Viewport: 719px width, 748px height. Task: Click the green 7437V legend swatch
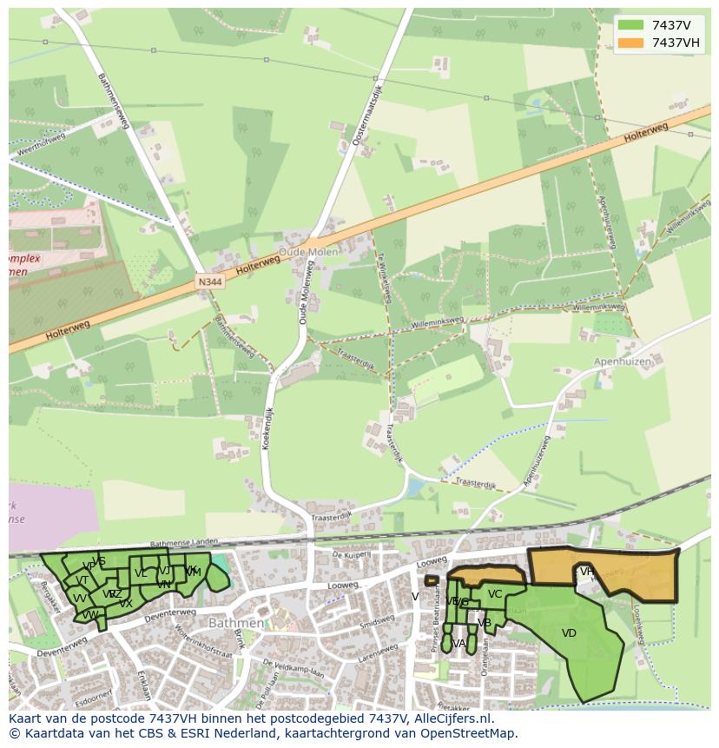[631, 25]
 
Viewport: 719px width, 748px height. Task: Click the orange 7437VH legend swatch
[631, 43]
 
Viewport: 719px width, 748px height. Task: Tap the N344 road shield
[208, 282]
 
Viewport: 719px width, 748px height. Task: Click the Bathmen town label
[236, 623]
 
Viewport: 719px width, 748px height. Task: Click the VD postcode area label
[569, 633]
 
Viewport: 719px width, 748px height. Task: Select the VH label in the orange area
[588, 571]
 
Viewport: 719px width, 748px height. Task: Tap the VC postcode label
[495, 594]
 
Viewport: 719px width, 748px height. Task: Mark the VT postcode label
[82, 580]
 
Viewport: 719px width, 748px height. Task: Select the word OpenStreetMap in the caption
[467, 733]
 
